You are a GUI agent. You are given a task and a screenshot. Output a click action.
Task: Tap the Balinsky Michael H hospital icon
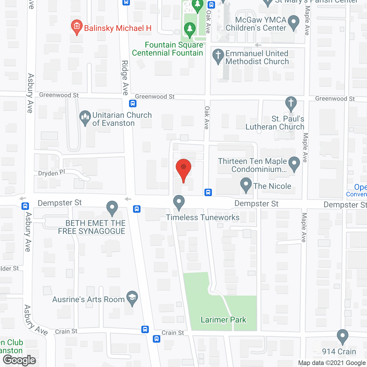[77, 27]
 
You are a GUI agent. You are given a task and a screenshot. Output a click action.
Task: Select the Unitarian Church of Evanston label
[122, 119]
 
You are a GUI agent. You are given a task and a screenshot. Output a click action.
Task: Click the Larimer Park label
[223, 320]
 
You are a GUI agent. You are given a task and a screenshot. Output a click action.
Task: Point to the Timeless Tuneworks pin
[179, 202]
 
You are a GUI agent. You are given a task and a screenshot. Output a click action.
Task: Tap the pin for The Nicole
[246, 185]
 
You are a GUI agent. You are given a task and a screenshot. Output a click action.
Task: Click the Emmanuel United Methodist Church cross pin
[218, 56]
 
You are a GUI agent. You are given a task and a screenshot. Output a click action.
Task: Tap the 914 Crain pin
[342, 337]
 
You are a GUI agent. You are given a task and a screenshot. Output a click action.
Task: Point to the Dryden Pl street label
[52, 173]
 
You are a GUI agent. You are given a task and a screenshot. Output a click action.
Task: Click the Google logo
[19, 360]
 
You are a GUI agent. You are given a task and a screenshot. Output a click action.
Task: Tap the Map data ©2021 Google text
[332, 363]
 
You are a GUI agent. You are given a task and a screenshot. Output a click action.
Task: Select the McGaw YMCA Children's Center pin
[293, 22]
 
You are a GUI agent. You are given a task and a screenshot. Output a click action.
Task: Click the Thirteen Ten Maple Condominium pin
[294, 164]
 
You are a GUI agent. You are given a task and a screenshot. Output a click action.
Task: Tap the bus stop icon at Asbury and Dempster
[25, 206]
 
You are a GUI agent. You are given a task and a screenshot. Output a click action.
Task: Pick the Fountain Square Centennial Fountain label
[167, 49]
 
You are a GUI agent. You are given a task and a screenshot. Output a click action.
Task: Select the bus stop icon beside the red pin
[208, 192]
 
